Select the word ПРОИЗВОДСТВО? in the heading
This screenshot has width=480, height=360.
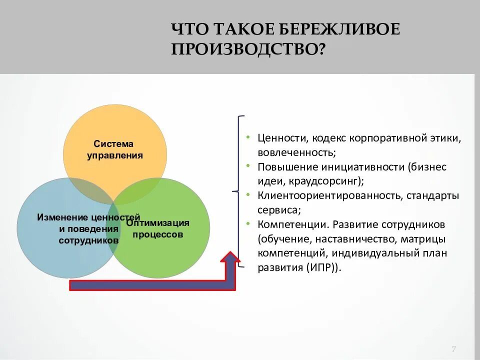[248, 49]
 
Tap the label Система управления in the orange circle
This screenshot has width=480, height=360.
[115, 149]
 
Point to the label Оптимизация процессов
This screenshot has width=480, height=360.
[157, 228]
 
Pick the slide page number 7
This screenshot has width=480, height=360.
[453, 349]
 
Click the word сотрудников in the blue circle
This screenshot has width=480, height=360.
[88, 240]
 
